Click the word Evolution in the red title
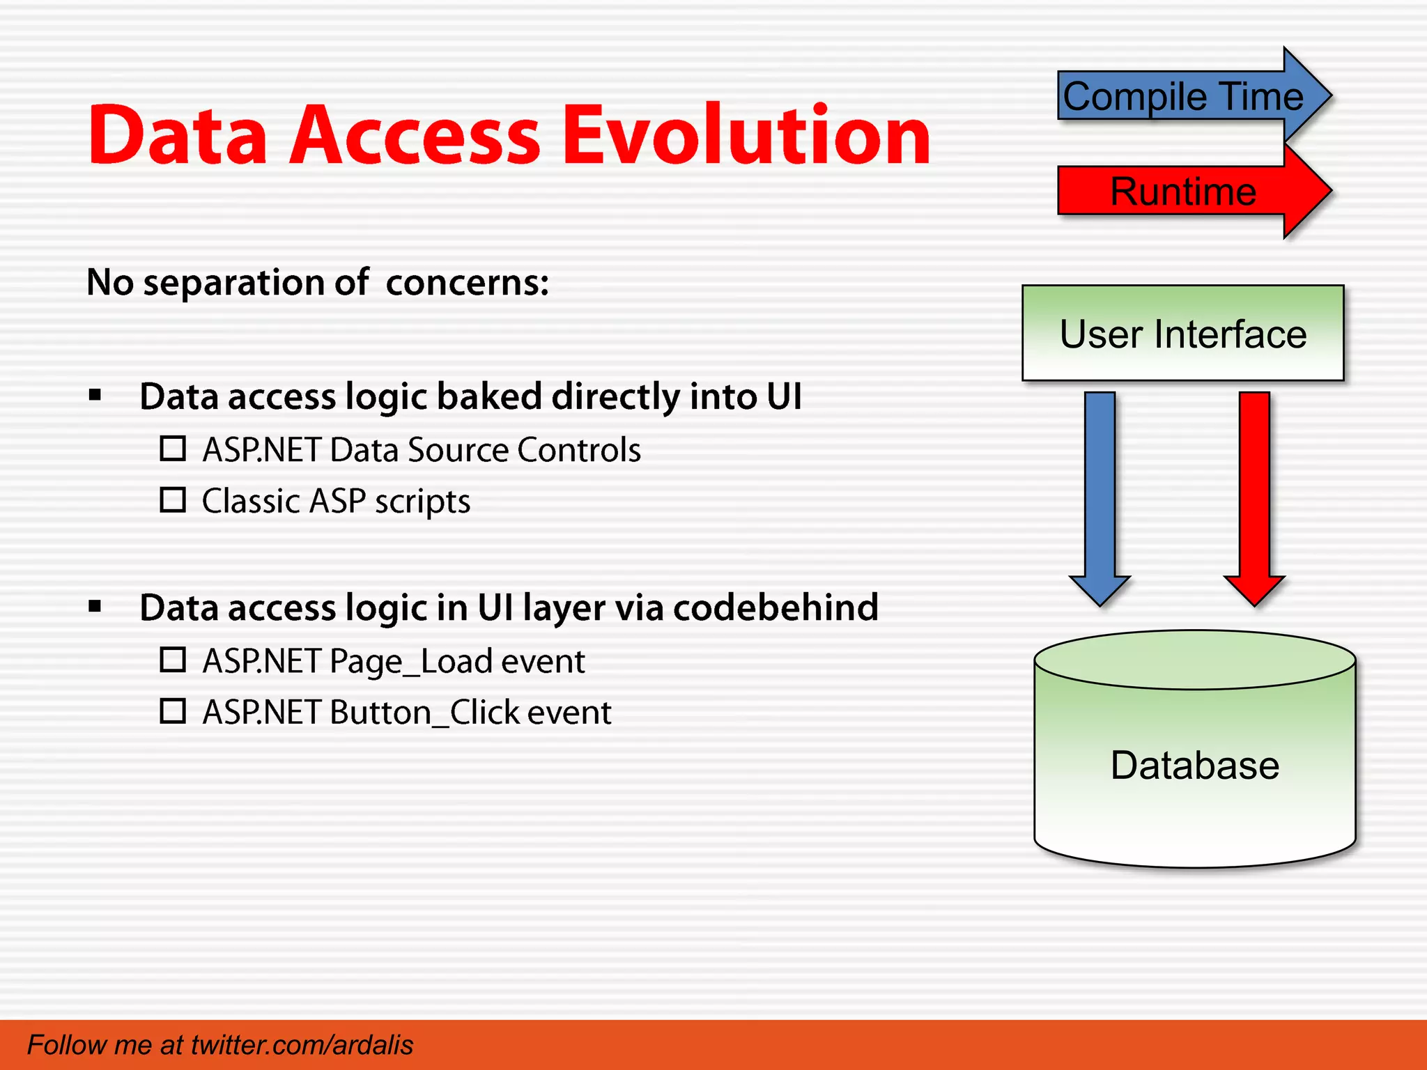point(746,136)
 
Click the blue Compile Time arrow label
point(1182,96)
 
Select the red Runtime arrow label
point(1182,192)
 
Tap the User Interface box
point(1182,334)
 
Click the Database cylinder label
point(1194,765)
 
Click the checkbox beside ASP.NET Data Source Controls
point(173,449)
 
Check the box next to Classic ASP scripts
point(173,500)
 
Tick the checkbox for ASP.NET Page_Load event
point(173,660)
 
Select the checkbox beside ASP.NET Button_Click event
point(173,711)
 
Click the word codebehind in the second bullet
point(776,607)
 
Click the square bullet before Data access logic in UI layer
point(95,607)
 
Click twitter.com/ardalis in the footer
point(302,1045)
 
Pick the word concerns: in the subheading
point(468,283)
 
